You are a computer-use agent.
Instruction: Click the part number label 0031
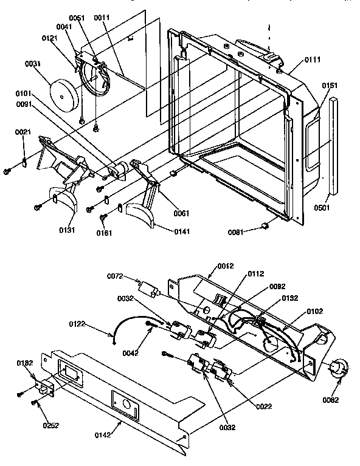click(32, 64)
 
